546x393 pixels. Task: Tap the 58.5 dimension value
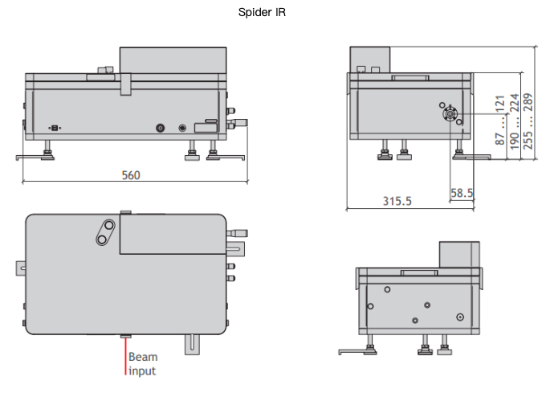point(462,194)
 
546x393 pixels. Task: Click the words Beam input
point(142,364)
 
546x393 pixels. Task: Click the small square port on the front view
point(55,128)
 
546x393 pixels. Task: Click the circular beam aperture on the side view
point(451,114)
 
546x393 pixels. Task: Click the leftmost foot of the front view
point(47,152)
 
